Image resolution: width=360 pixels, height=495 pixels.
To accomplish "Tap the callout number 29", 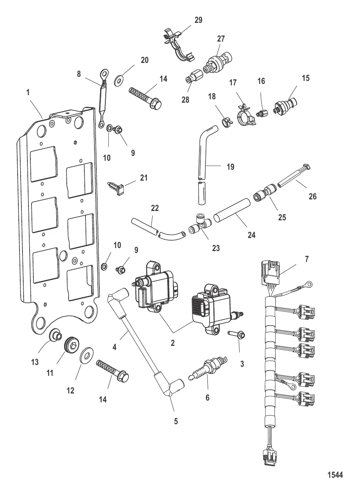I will tap(198, 20).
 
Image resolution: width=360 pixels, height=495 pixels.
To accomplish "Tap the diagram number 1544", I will tap(335, 475).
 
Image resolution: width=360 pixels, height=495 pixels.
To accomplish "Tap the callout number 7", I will tap(307, 259).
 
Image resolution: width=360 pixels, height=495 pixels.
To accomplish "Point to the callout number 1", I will tap(28, 92).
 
